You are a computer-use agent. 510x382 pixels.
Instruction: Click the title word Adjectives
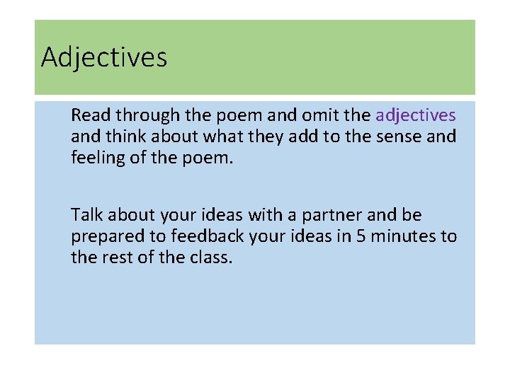tap(104, 57)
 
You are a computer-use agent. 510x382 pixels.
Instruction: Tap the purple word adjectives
tap(416, 115)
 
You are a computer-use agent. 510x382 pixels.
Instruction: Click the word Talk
tap(87, 215)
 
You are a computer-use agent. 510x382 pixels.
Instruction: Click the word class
tap(212, 257)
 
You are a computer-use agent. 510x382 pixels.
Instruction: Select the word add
tap(305, 136)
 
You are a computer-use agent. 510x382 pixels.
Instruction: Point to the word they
tap(268, 137)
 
